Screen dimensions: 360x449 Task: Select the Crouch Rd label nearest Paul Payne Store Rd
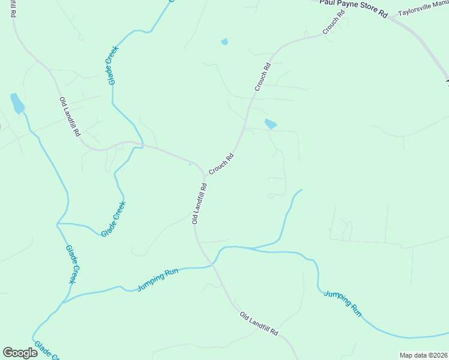pyautogui.click(x=334, y=22)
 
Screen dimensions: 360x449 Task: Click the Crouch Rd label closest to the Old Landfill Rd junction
pyautogui.click(x=221, y=164)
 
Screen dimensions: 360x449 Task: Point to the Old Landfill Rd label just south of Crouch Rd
pyautogui.click(x=200, y=203)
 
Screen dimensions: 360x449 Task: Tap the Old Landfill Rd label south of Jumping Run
pyautogui.click(x=259, y=323)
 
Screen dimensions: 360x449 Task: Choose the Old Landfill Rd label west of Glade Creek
pyautogui.click(x=70, y=116)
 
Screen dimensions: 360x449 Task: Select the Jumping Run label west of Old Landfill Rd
pyautogui.click(x=158, y=280)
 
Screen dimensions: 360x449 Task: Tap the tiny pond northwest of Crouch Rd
pyautogui.click(x=224, y=41)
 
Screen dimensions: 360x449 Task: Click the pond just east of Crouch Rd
pyautogui.click(x=271, y=124)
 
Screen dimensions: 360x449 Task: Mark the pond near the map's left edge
pyautogui.click(x=17, y=103)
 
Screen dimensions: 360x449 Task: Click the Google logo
pyautogui.click(x=20, y=353)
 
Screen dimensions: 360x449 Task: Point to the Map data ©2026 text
pyautogui.click(x=423, y=355)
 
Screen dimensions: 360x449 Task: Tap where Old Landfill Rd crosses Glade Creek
pyautogui.click(x=142, y=146)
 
